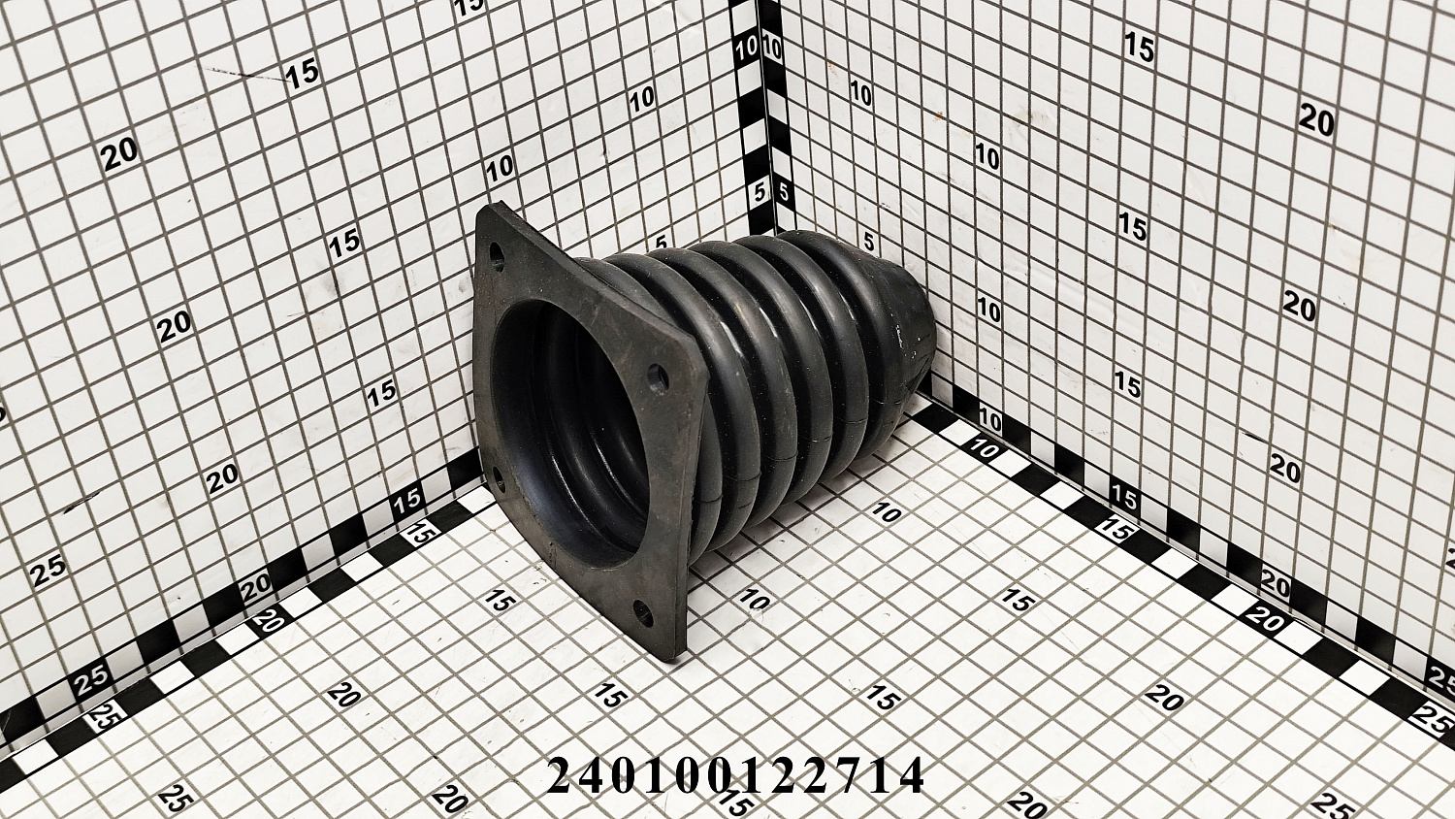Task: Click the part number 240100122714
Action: [x=735, y=775]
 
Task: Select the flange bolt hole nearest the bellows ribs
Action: [x=660, y=379]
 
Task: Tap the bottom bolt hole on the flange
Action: [x=642, y=613]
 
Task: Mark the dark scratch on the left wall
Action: [x=246, y=75]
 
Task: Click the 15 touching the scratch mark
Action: [x=302, y=72]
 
